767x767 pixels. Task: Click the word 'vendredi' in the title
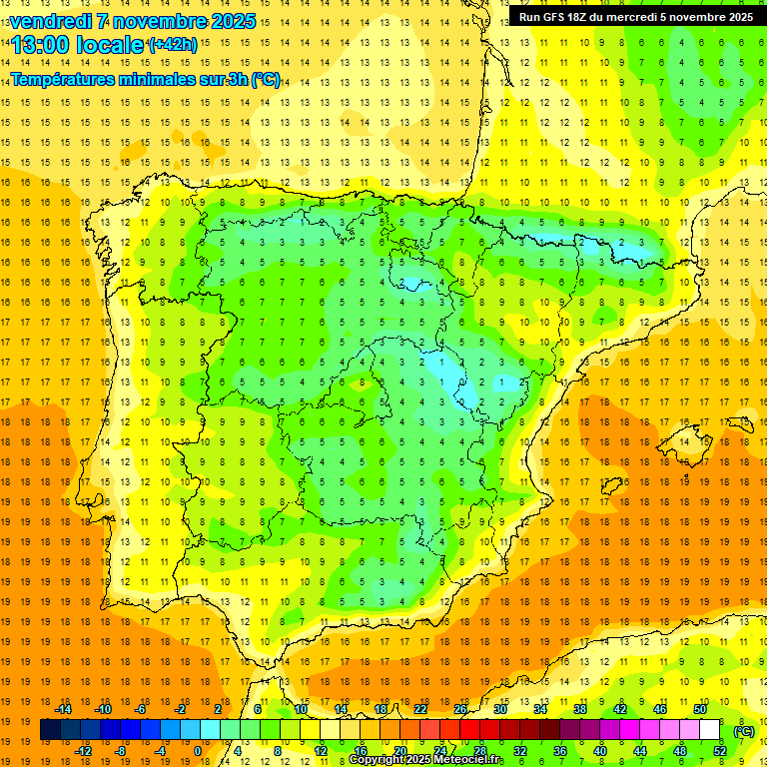(51, 21)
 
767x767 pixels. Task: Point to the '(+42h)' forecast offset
(172, 45)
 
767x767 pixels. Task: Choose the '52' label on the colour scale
(719, 751)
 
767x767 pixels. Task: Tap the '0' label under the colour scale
(198, 751)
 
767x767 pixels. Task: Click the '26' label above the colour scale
(460, 709)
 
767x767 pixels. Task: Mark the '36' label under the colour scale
(559, 751)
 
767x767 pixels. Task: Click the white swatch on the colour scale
(708, 730)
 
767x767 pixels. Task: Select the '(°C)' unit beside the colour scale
(743, 731)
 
